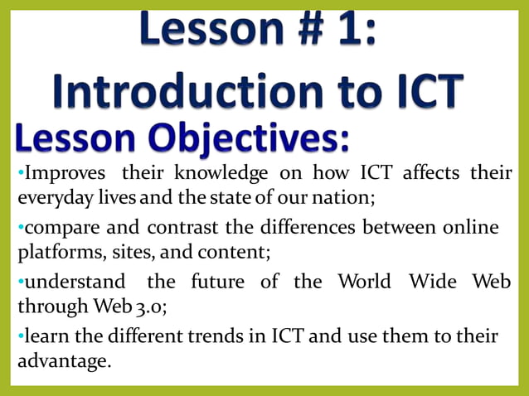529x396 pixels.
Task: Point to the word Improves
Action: coord(63,173)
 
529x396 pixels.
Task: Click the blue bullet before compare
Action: coord(20,227)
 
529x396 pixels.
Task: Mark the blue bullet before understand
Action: coord(20,282)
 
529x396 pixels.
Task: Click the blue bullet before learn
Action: coord(20,336)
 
